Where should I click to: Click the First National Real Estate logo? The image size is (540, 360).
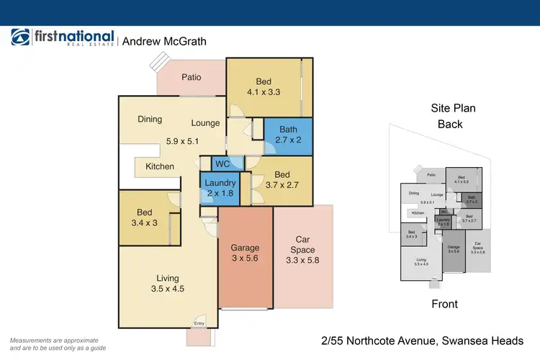tap(63, 38)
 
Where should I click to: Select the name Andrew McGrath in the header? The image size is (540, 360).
tap(164, 42)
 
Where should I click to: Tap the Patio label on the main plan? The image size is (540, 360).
tap(191, 78)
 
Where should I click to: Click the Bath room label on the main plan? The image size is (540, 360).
tap(288, 130)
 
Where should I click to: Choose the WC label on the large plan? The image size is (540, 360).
tap(222, 163)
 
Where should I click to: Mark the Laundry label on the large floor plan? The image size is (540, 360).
tap(220, 184)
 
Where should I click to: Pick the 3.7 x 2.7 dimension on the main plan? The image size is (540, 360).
tap(282, 186)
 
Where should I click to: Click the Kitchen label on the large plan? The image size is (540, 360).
tap(160, 166)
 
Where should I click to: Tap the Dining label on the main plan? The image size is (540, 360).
tap(150, 120)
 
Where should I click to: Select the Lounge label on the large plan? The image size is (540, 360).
tap(205, 123)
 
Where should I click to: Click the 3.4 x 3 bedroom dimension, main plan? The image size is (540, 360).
tap(145, 224)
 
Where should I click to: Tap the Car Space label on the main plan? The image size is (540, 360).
tap(302, 245)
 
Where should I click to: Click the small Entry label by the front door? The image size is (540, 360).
tap(199, 323)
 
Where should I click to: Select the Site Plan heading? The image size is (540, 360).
tap(454, 109)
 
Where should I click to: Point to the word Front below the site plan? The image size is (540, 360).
tap(444, 304)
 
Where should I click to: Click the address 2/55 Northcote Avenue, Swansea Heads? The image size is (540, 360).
tap(422, 340)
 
